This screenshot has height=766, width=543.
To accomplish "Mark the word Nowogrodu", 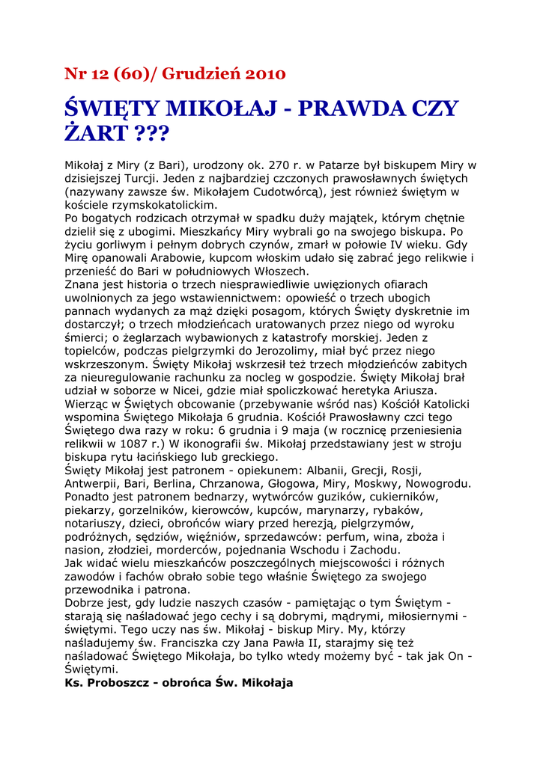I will pyautogui.click(x=438, y=483).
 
